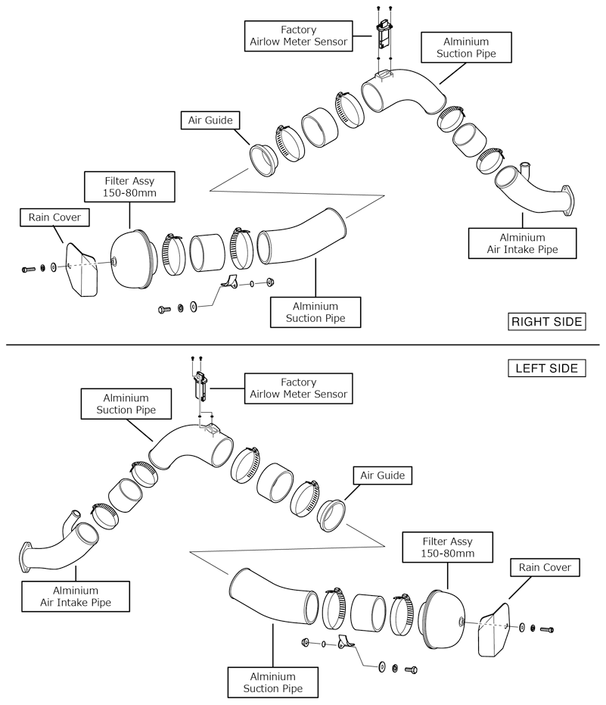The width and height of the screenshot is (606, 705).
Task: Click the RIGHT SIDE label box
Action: click(x=546, y=322)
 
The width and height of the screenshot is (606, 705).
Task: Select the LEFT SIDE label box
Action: click(x=546, y=369)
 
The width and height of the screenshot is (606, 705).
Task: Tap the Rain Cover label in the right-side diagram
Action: click(x=54, y=218)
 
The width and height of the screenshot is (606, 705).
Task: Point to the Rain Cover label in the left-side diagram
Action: click(x=545, y=567)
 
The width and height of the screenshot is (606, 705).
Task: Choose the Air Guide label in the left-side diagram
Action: click(x=383, y=476)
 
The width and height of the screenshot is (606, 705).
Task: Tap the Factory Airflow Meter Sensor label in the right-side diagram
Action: click(x=299, y=36)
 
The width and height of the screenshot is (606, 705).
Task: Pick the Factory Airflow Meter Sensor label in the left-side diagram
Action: click(x=298, y=388)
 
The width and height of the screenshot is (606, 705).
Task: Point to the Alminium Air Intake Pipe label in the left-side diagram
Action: click(x=76, y=597)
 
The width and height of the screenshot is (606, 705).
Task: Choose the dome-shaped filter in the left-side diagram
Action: click(x=443, y=619)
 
